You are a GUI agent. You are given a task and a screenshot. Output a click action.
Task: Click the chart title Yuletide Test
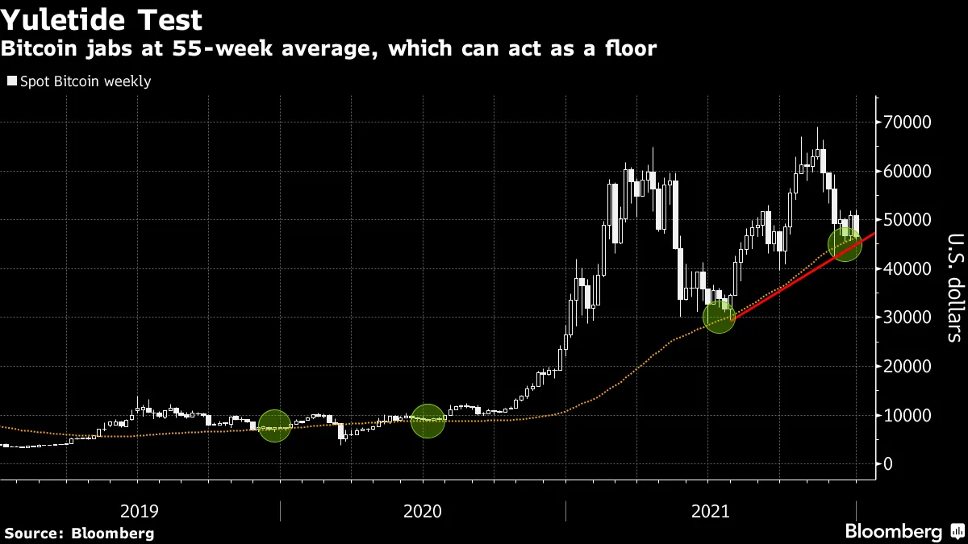pyautogui.click(x=102, y=19)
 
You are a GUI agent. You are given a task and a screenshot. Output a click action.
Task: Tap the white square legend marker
pyautogui.click(x=11, y=81)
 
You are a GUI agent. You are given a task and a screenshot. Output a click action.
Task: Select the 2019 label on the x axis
pyautogui.click(x=140, y=511)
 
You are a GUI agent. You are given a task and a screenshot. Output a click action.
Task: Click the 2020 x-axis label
pyautogui.click(x=423, y=511)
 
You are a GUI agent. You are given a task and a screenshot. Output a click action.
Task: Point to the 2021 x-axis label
pyautogui.click(x=710, y=511)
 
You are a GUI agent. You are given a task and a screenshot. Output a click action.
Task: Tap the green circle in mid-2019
pyautogui.click(x=274, y=425)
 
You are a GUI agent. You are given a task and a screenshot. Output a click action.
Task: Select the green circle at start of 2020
pyautogui.click(x=428, y=420)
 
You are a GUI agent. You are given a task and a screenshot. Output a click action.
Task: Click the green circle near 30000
pyautogui.click(x=719, y=317)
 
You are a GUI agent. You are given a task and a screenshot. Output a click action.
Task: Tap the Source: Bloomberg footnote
pyautogui.click(x=79, y=533)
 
